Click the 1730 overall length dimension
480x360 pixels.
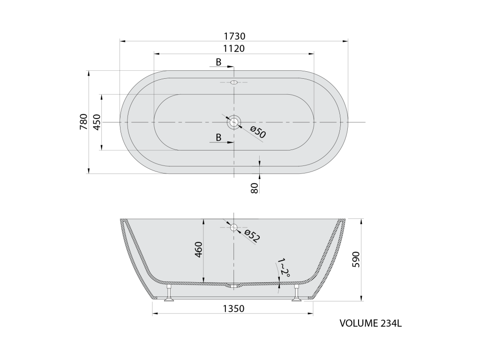pos(234,36)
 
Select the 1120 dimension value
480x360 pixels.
pos(234,48)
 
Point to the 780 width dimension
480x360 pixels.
pos(83,121)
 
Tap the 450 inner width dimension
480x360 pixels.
pos(97,122)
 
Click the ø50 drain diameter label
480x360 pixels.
pos(258,132)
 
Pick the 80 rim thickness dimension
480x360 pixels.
pos(255,187)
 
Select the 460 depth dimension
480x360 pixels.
pos(198,249)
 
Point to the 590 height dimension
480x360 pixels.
pos(356,259)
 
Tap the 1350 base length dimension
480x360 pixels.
pos(233,308)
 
